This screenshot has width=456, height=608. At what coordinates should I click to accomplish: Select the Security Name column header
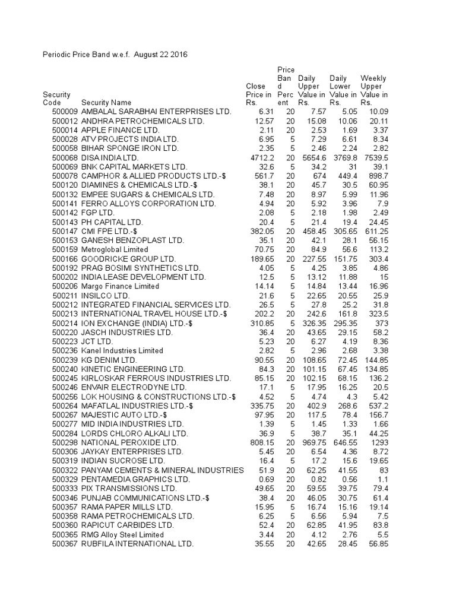(x=106, y=103)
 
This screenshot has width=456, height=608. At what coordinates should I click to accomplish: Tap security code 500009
(x=65, y=112)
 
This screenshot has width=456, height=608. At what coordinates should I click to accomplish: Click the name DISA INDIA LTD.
(x=109, y=157)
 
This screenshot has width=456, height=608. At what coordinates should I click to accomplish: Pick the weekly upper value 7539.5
(x=375, y=157)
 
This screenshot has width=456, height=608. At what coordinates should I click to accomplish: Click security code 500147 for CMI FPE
(x=65, y=231)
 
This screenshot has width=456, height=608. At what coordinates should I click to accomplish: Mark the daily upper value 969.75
(x=311, y=442)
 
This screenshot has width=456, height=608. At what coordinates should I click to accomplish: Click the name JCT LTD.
(x=97, y=341)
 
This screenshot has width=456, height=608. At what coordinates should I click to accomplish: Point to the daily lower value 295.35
(x=343, y=323)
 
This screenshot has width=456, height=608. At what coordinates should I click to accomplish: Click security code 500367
(x=65, y=544)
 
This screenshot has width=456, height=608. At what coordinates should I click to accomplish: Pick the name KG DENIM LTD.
(x=109, y=360)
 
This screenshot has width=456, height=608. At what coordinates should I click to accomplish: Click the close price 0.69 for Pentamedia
(x=265, y=479)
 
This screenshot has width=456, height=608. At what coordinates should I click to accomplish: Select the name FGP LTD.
(x=98, y=213)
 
